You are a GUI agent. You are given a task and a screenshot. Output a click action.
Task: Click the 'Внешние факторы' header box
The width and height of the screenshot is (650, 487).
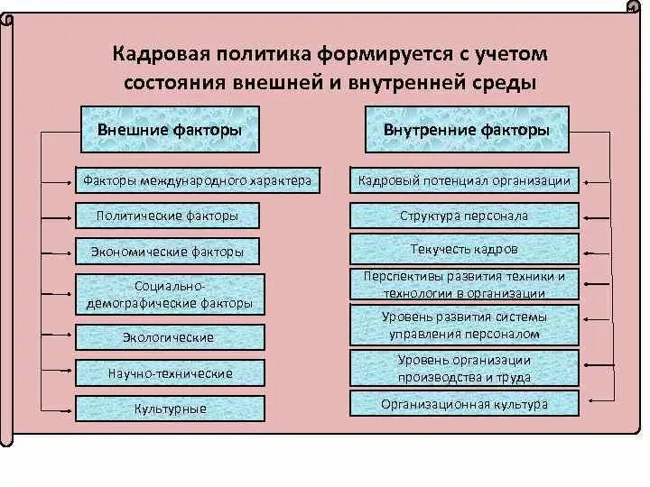click(170, 130)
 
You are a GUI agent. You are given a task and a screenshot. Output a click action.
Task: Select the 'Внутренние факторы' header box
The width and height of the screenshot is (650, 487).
click(466, 130)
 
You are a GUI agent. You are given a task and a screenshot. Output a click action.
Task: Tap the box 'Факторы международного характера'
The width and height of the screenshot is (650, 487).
click(196, 180)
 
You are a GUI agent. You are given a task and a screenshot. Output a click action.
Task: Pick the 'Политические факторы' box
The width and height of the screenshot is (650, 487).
click(168, 216)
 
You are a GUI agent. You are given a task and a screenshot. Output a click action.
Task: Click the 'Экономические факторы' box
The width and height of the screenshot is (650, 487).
click(168, 252)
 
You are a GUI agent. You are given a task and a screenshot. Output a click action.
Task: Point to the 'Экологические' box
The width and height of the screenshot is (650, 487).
click(169, 337)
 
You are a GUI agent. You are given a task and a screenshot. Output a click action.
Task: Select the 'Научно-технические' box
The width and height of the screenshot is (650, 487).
click(170, 372)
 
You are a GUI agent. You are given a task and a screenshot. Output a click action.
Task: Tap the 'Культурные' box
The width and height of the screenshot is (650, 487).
click(170, 409)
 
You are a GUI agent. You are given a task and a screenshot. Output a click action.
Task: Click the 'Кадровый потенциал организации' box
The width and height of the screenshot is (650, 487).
click(464, 180)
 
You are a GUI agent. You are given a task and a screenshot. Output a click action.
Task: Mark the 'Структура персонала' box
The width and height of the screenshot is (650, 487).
click(464, 216)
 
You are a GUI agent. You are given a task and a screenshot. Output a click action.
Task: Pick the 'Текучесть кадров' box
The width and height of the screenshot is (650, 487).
click(464, 248)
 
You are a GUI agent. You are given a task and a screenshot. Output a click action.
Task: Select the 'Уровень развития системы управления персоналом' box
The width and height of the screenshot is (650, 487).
click(464, 325)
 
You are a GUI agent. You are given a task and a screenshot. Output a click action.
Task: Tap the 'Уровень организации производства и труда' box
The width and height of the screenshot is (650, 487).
click(464, 368)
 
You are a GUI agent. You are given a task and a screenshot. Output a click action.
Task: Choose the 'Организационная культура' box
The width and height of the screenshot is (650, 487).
click(464, 404)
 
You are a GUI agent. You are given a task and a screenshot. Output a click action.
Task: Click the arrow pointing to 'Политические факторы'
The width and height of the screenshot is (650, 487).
click(60, 216)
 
